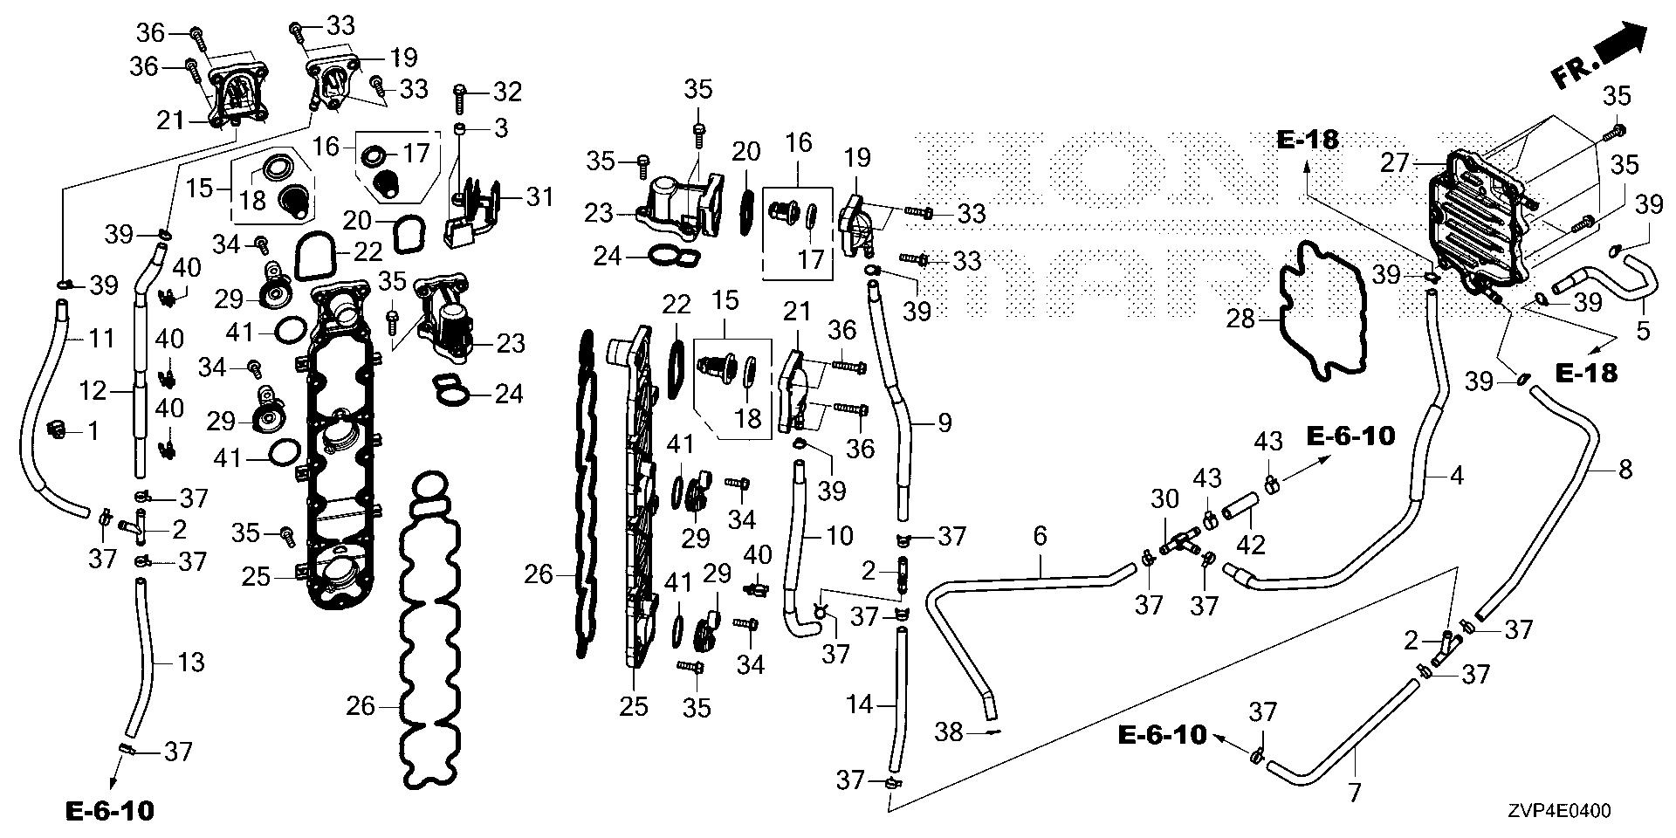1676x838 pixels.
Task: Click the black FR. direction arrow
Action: [1623, 45]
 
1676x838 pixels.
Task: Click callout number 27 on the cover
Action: [1396, 162]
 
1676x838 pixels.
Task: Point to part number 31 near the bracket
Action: [539, 197]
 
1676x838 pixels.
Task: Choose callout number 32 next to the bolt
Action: [507, 91]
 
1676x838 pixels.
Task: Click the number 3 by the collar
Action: [500, 129]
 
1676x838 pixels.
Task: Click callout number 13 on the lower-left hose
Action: [191, 663]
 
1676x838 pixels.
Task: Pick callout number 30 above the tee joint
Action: [1164, 500]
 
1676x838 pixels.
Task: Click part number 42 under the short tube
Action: [1251, 545]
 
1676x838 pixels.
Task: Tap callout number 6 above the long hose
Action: [1039, 536]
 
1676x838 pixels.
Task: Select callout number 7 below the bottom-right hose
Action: [1354, 794]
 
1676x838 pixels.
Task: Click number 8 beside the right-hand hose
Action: [1624, 471]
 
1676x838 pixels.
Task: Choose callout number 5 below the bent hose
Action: [1643, 331]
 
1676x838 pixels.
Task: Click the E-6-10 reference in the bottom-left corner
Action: [110, 811]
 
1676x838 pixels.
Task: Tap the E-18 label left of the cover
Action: [1308, 139]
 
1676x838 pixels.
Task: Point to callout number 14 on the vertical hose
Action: [860, 704]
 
